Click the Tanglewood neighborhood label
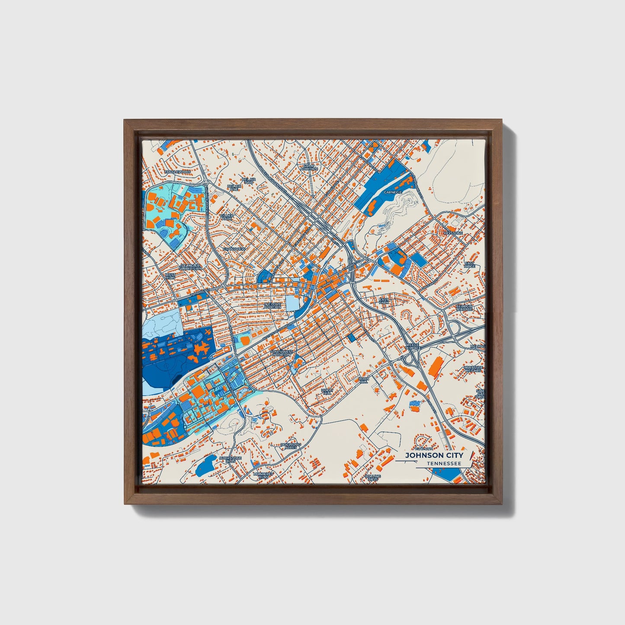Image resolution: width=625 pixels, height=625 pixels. pyautogui.click(x=177, y=172)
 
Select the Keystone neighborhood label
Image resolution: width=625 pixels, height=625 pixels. pyautogui.click(x=453, y=233)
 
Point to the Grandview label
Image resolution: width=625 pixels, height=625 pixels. pyautogui.click(x=234, y=249)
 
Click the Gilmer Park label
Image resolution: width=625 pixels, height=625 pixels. pyautogui.click(x=227, y=217)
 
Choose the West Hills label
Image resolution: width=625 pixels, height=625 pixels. pyautogui.click(x=170, y=276)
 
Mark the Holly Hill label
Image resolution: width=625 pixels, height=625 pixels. pyautogui.click(x=327, y=391)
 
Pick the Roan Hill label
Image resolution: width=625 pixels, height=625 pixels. pyautogui.click(x=364, y=380)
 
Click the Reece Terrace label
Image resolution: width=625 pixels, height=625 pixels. pyautogui.click(x=413, y=346)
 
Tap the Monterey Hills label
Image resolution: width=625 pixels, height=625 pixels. pyautogui.click(x=263, y=475)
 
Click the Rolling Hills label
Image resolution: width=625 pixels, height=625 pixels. pyautogui.click(x=373, y=478)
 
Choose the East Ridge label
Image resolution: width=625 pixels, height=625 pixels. pyautogui.click(x=469, y=265)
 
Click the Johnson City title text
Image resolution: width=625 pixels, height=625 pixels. pyautogui.click(x=434, y=455)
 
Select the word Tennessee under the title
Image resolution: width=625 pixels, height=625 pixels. pyautogui.click(x=443, y=463)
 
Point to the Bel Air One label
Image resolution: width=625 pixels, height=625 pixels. pyautogui.click(x=234, y=187)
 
